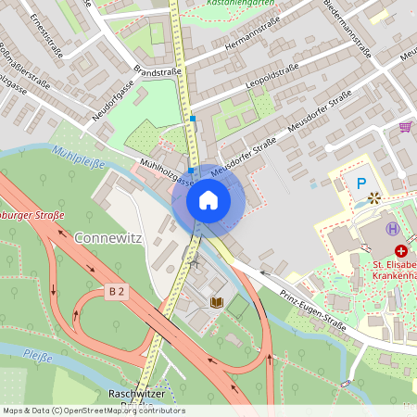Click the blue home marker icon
[x=208, y=199]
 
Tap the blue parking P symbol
[x=361, y=183]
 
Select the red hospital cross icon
[x=401, y=250]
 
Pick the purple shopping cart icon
[x=405, y=126]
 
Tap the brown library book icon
[x=217, y=302]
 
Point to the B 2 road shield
[x=116, y=291]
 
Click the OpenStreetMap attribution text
[x=94, y=411]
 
